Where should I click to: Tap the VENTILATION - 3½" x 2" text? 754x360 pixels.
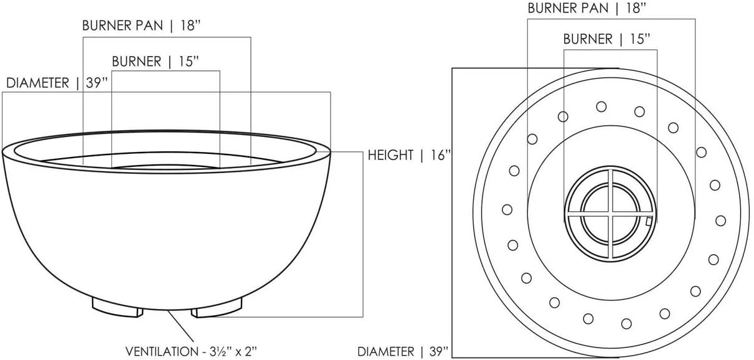tap(191, 351)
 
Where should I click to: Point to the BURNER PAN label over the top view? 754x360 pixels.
tap(585, 9)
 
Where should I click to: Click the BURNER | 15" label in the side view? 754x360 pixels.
tap(156, 62)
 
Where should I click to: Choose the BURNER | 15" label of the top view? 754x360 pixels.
tap(607, 39)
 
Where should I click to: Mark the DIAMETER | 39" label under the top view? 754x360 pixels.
tap(402, 351)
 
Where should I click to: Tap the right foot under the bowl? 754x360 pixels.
tap(217, 307)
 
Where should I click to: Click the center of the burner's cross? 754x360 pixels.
tap(611, 212)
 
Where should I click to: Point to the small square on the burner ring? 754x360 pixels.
tap(649, 220)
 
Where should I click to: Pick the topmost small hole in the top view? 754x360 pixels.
tap(601, 107)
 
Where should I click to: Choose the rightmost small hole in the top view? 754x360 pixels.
tap(721, 220)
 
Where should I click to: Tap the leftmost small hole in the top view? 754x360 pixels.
tap(507, 210)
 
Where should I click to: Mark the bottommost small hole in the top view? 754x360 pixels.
tap(626, 323)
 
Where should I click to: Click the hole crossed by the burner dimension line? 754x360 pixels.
tap(563, 116)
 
